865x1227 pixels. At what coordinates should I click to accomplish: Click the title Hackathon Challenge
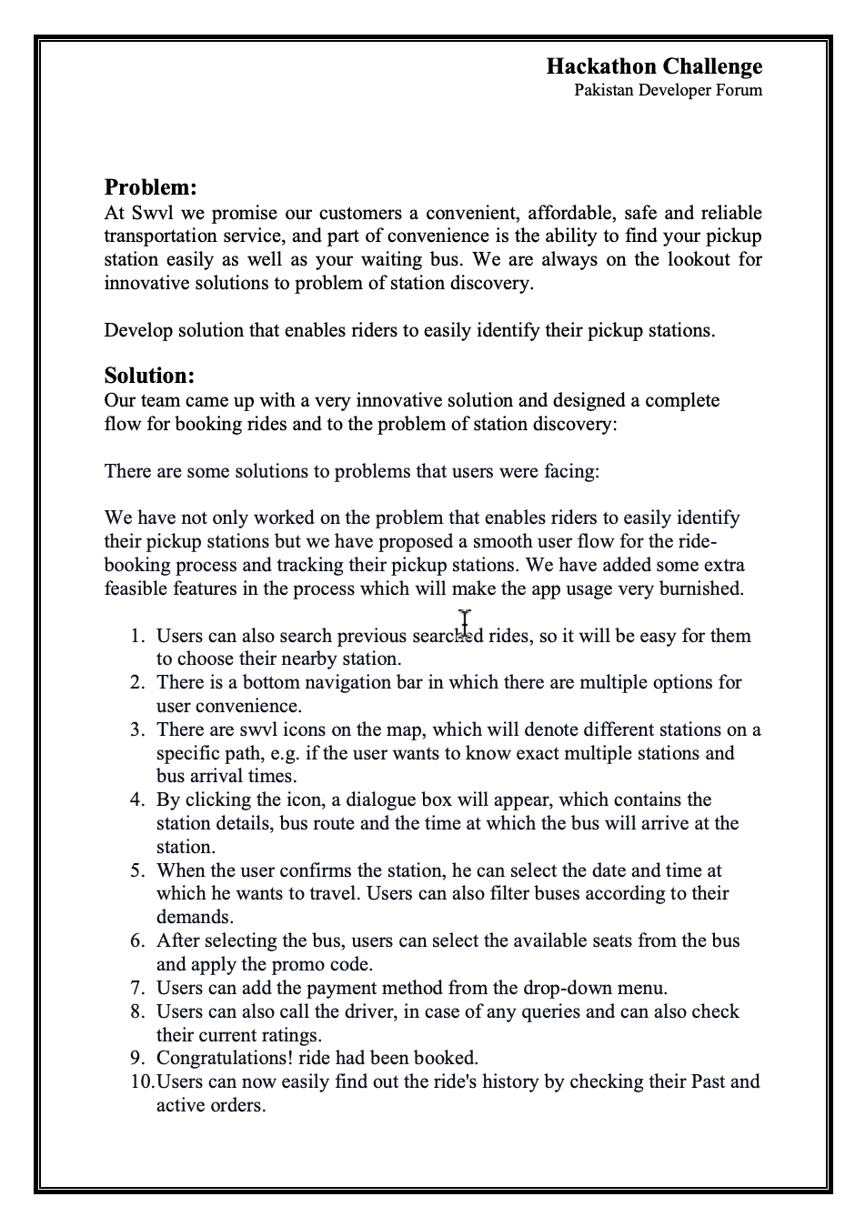tap(654, 66)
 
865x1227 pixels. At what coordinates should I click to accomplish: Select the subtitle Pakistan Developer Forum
tap(668, 90)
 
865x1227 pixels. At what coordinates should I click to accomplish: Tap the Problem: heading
tap(150, 187)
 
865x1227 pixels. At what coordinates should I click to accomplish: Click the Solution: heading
tap(149, 376)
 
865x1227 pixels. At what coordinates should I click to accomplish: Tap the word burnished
tap(702, 588)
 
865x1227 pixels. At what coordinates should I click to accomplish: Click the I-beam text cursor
tap(465, 623)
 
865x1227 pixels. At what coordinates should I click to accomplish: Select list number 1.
tap(137, 636)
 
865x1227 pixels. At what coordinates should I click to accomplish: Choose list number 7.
tap(137, 988)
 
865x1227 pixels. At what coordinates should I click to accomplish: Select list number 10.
tap(141, 1081)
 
